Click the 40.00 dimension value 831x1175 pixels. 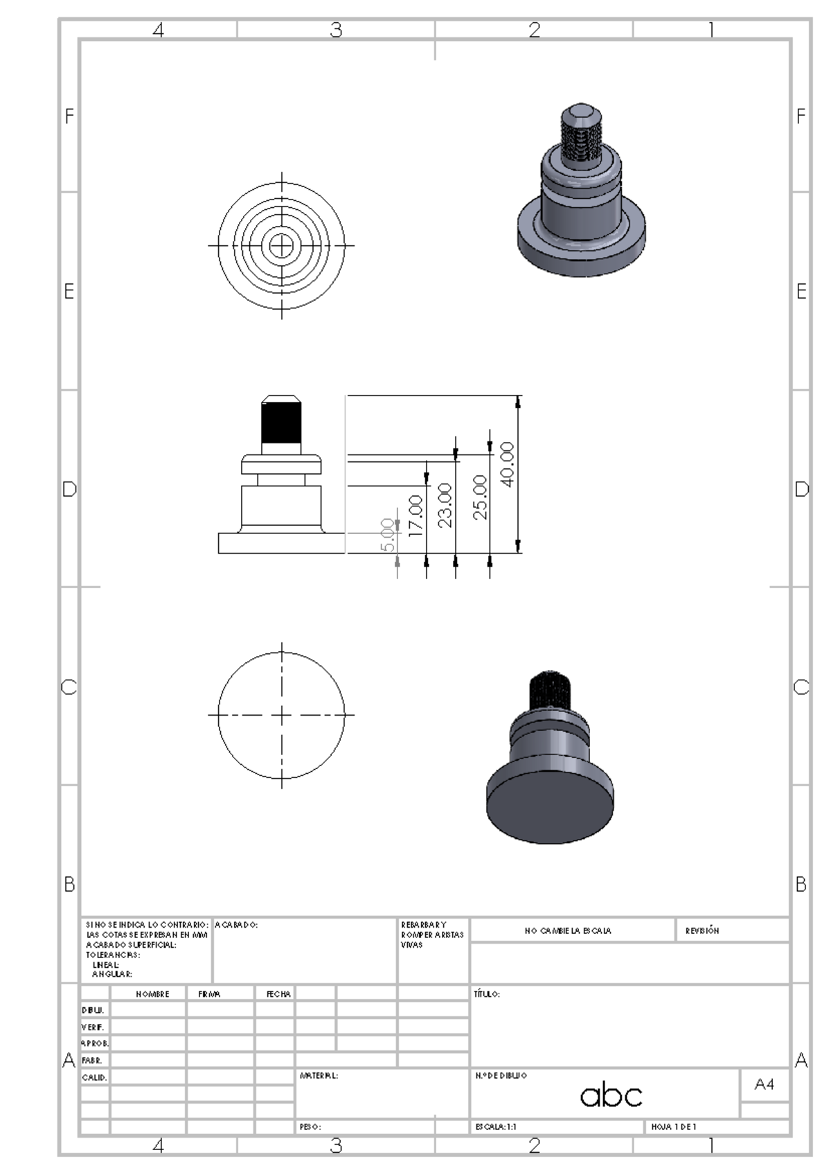(x=507, y=464)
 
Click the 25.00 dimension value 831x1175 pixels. (x=480, y=497)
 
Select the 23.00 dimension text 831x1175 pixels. (x=445, y=505)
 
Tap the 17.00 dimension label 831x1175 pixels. (x=415, y=515)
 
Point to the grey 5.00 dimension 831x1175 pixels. (x=388, y=535)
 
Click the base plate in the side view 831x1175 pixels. (x=281, y=543)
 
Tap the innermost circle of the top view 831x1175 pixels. (x=281, y=245)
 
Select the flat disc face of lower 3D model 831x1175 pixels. (x=550, y=809)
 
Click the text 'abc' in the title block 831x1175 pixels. (x=611, y=1095)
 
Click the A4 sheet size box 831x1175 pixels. (x=764, y=1084)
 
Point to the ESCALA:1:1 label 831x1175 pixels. (x=496, y=1127)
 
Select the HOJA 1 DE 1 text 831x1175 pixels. (x=673, y=1127)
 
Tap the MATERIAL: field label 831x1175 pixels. (x=319, y=1076)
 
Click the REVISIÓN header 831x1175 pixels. (x=702, y=930)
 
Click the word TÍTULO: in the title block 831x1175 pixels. (x=487, y=994)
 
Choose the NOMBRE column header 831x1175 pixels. (x=152, y=994)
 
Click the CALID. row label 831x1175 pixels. (x=94, y=1077)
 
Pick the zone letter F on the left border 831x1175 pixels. (x=69, y=116)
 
